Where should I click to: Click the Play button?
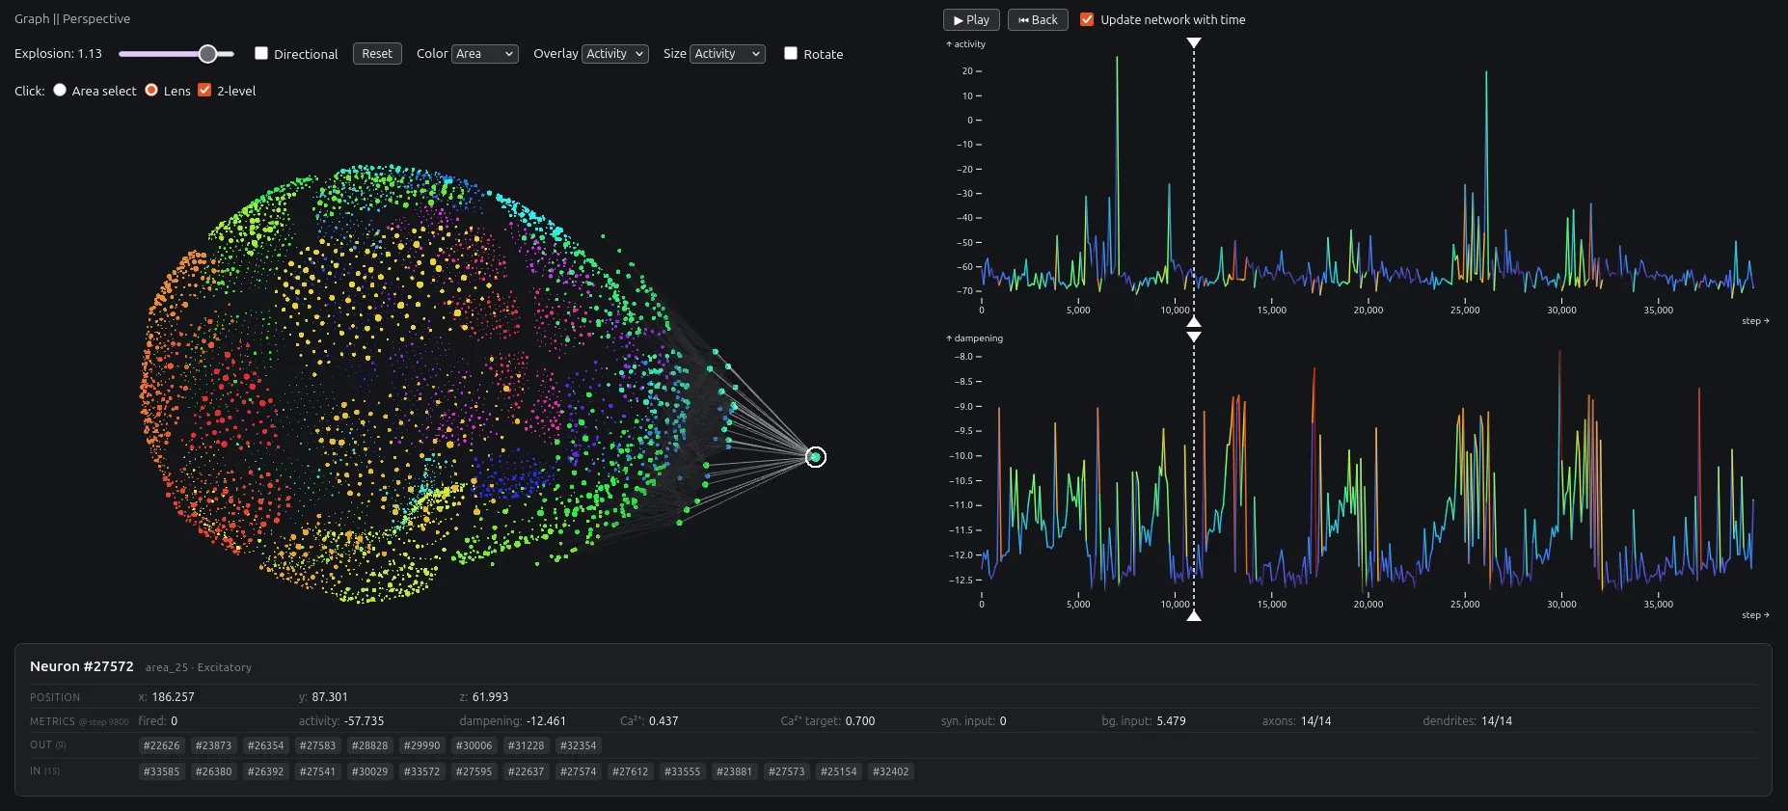tap(971, 19)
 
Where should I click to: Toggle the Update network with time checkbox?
tap(1087, 19)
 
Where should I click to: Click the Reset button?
tap(377, 54)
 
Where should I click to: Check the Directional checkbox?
tap(261, 53)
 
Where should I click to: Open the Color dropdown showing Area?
tap(485, 54)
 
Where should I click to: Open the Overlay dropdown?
tap(615, 54)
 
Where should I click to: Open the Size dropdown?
tap(727, 54)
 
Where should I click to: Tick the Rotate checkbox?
tap(791, 53)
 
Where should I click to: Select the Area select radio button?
tap(60, 90)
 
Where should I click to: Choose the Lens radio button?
tap(151, 90)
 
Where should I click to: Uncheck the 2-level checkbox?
tap(204, 90)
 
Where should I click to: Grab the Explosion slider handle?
tap(207, 54)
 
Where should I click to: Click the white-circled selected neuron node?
tap(816, 457)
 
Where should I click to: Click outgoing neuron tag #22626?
tap(162, 745)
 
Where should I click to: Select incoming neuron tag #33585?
tap(162, 771)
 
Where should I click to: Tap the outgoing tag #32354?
tap(579, 745)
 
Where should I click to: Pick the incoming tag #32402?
tap(891, 771)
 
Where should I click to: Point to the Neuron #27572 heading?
tap(82, 666)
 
